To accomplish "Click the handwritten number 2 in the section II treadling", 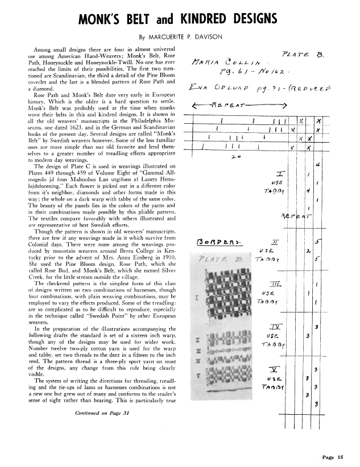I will click(307, 251).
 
